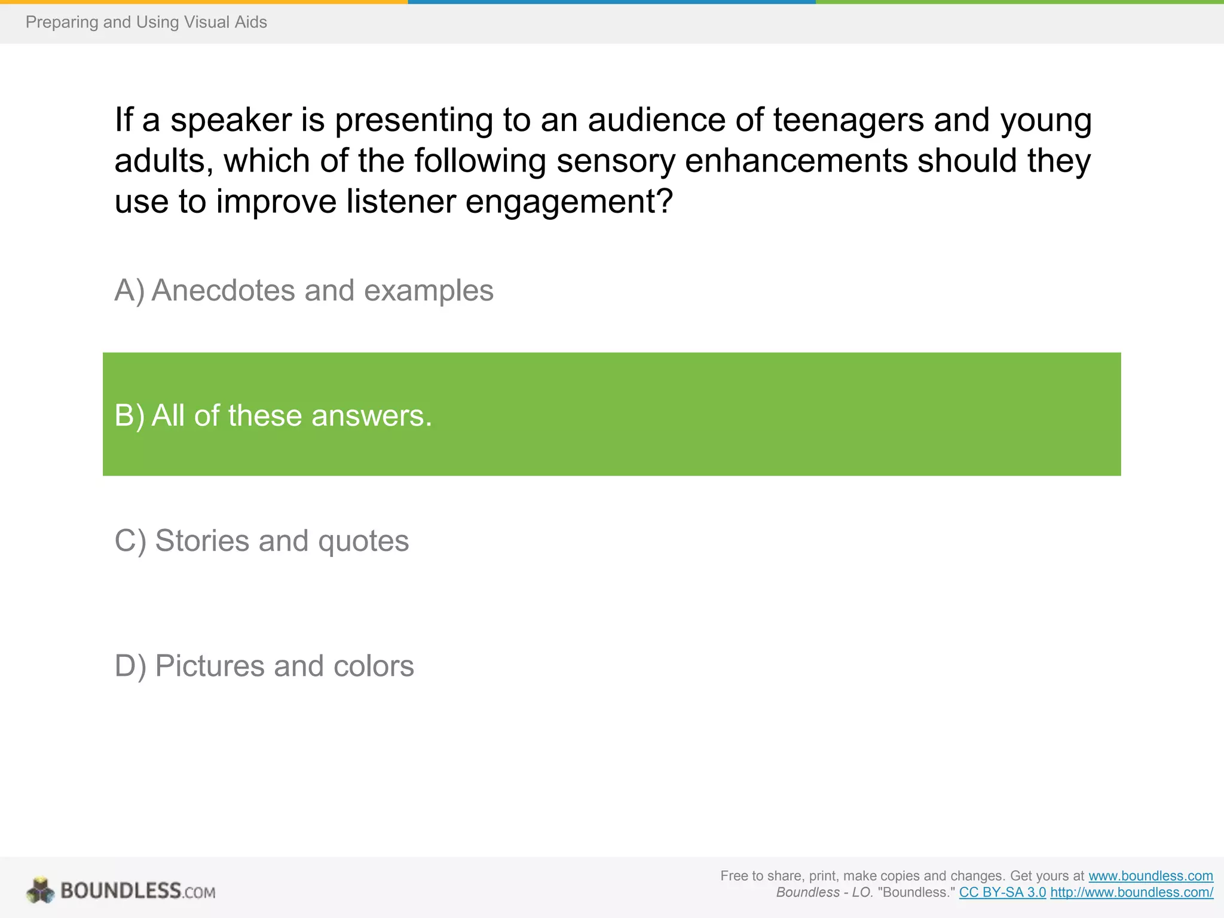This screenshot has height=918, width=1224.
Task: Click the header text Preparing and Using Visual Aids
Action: point(146,22)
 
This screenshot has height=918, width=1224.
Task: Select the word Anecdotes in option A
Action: point(223,291)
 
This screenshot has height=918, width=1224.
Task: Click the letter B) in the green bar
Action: point(129,415)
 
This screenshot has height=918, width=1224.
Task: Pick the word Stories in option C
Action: point(202,541)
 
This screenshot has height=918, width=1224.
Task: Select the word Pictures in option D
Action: point(210,666)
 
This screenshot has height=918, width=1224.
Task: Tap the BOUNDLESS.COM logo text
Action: point(137,891)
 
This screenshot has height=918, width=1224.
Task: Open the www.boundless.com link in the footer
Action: point(1150,876)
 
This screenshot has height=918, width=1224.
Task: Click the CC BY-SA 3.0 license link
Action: point(1002,892)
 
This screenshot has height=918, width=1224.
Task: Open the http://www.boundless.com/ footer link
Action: point(1131,892)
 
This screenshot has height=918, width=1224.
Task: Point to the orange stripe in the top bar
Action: point(203,2)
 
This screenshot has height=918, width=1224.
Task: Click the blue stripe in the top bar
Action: point(611,2)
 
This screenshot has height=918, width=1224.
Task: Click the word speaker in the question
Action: point(231,120)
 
